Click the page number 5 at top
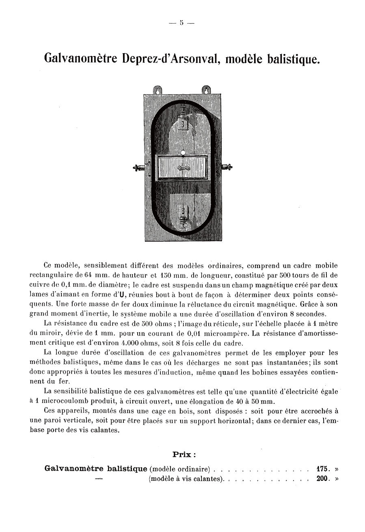click(x=182, y=23)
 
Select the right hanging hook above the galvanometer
click(x=206, y=90)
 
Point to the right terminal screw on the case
click(x=226, y=167)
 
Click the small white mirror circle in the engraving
click(x=183, y=153)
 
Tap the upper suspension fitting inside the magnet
click(x=183, y=118)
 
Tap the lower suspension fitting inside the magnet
click(x=184, y=215)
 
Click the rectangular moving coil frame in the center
click(x=183, y=167)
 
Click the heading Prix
click(x=185, y=454)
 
